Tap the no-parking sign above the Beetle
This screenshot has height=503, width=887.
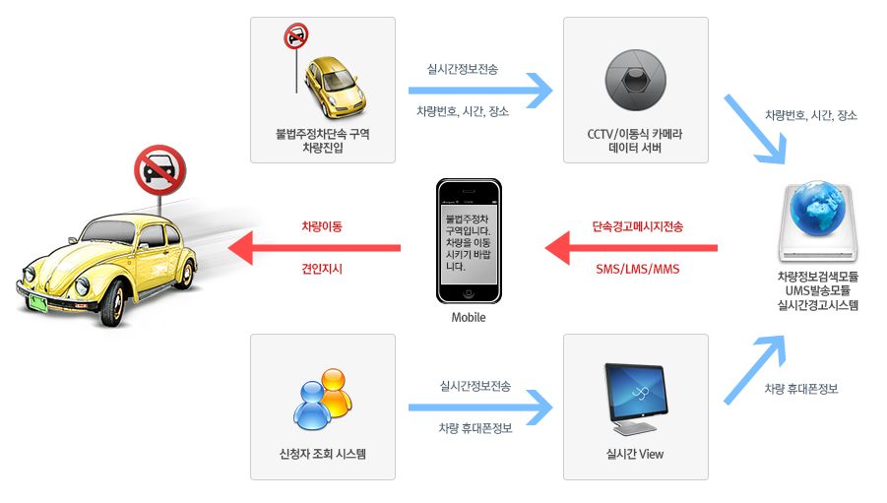point(158,170)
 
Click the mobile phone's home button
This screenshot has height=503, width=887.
point(470,293)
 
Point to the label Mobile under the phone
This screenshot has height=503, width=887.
point(469,318)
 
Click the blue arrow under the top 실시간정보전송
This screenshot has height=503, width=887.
point(482,90)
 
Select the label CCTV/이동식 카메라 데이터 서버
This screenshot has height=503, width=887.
point(635,141)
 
